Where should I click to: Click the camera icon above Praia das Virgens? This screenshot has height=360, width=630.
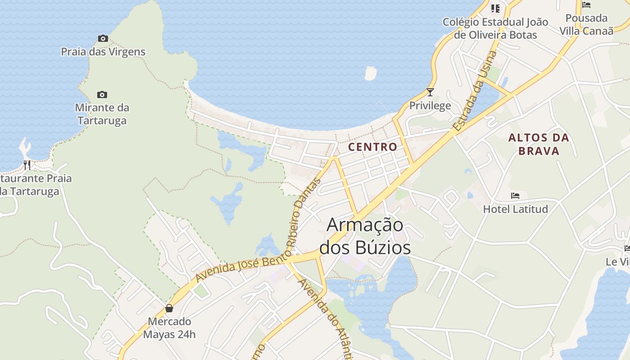pos(103,39)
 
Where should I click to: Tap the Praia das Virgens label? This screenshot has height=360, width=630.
pos(103,52)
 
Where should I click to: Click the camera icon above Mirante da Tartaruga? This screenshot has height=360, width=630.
pos(102,94)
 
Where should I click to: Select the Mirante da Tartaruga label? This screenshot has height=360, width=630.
pos(102,114)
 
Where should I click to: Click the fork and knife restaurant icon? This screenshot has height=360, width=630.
pos(27,165)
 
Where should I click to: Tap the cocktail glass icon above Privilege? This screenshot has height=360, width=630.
pos(430,92)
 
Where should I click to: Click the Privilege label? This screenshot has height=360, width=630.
pos(430,106)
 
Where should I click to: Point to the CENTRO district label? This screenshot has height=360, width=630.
pos(373,147)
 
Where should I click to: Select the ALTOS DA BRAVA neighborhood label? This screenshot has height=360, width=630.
pos(539,144)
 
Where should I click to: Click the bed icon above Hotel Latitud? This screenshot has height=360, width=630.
pos(515,196)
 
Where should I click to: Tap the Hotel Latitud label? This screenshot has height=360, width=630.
pos(515,209)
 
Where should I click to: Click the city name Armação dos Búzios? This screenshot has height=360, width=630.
pos(364,236)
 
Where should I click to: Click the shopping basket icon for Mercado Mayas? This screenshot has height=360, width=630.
pos(169,308)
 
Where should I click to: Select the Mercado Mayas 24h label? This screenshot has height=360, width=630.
pos(169,328)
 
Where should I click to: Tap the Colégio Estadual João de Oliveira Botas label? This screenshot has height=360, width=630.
pos(495,28)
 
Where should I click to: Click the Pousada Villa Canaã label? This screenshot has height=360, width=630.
pos(586,24)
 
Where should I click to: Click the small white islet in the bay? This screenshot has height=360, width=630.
pos(370,73)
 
